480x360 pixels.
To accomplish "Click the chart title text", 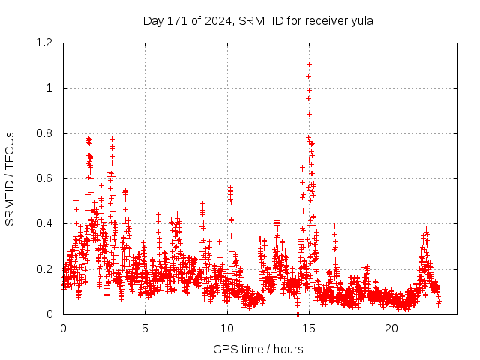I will coord(258,20).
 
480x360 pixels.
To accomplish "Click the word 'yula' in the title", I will coord(362,20).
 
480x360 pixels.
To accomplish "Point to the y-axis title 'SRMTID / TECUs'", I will coord(10,178).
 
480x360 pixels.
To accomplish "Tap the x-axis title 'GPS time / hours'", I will coord(258,349).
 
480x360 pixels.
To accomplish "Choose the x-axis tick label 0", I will coord(63,328).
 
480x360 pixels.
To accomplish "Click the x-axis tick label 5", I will coord(145,328).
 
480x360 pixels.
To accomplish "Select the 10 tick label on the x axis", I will coord(227,328).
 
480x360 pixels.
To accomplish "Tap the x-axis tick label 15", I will coord(310,328).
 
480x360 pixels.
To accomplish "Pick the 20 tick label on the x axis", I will coord(391,328).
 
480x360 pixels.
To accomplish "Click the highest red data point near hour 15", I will coord(309,64).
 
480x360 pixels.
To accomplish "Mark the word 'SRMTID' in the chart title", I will coord(259,20).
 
